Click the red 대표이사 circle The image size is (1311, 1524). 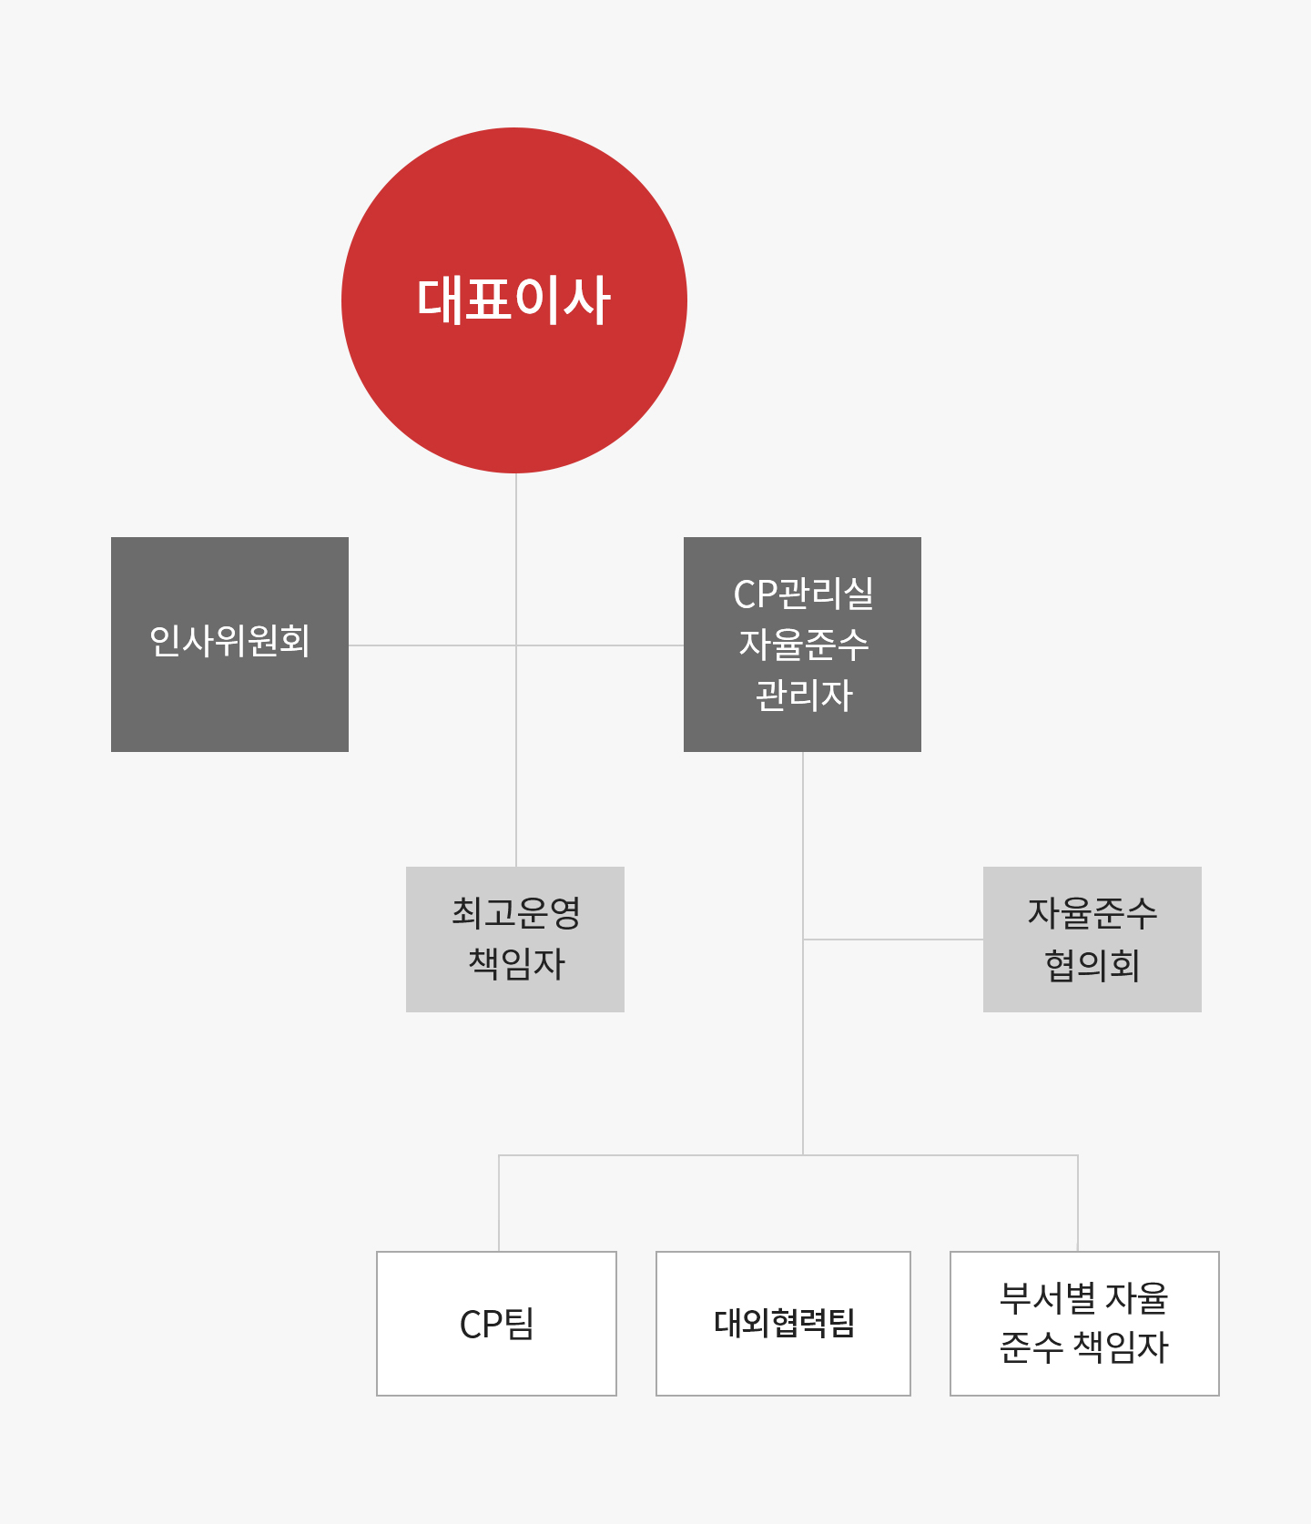pos(514,300)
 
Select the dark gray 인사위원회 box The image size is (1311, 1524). pos(229,645)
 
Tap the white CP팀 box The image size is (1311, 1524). pos(496,1324)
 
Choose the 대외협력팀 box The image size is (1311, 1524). pos(783,1324)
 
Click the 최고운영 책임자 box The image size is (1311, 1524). pos(515,940)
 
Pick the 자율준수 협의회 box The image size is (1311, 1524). pos(1092,940)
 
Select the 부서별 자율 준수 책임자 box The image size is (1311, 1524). pos(1084,1324)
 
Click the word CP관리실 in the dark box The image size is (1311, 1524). pos(803,594)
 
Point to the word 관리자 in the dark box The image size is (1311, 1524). pos(804,696)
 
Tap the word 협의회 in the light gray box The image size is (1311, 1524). pos(1092,965)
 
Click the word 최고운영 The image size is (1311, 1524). pos(516,913)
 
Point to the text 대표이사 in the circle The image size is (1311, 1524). pos(513,300)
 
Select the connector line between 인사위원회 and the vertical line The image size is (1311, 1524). pos(432,645)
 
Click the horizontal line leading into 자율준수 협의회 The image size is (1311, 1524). pos(893,940)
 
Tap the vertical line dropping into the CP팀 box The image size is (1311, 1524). pos(499,1204)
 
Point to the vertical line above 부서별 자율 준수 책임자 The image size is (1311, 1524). pos(1078,1204)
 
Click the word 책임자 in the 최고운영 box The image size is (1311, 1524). pos(516,964)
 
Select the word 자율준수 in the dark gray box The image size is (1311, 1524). pos(804,645)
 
